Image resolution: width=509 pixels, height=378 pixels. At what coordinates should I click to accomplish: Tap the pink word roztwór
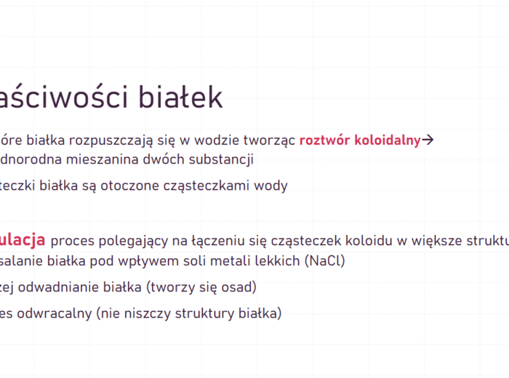[x=325, y=140]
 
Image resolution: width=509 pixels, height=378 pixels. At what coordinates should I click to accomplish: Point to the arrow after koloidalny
[x=428, y=140]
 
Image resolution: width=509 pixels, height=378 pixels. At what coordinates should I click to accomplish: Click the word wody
[x=270, y=185]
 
